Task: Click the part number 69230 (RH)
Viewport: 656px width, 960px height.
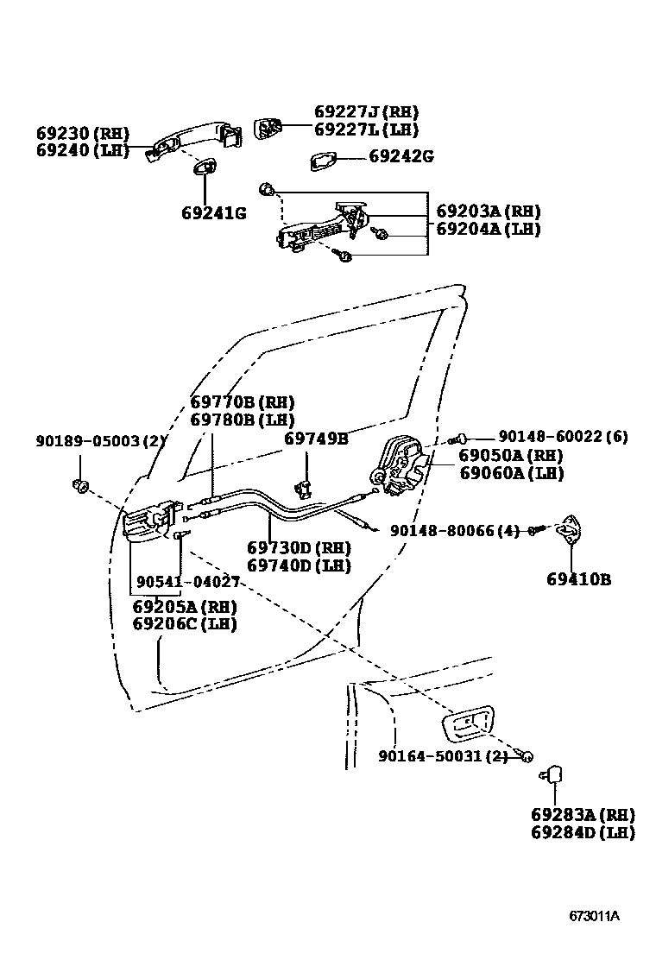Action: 83,134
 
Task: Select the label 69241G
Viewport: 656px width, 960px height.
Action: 213,212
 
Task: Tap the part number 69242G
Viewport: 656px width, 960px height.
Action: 401,156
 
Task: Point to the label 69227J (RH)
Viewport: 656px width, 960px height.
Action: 366,112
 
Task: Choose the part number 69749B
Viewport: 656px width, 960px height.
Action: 316,439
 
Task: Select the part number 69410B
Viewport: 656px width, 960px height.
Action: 577,579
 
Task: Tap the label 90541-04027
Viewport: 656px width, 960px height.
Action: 187,584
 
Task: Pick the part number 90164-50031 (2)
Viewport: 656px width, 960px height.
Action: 443,757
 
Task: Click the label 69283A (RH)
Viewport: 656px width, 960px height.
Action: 583,815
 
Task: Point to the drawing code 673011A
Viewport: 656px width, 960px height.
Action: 594,916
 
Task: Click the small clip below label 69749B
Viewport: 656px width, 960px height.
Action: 304,488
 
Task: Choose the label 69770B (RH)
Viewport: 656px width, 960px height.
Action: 243,402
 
